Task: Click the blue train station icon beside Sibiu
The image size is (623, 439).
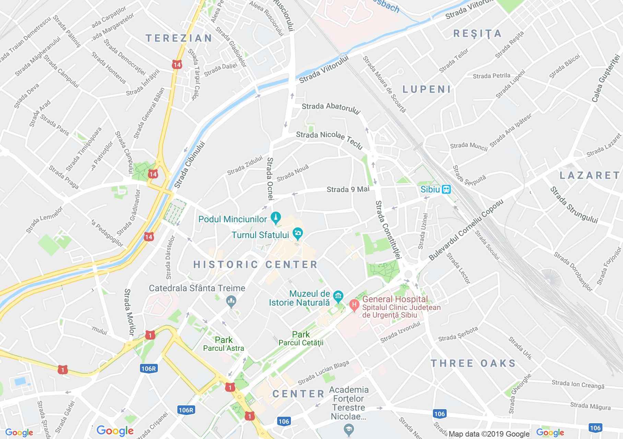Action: pyautogui.click(x=446, y=189)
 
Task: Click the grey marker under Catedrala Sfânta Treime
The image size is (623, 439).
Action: pyautogui.click(x=231, y=301)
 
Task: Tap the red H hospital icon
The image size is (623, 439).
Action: pyautogui.click(x=354, y=304)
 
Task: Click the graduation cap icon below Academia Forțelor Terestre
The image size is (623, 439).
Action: pyautogui.click(x=349, y=429)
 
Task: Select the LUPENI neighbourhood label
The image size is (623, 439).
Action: pyautogui.click(x=426, y=90)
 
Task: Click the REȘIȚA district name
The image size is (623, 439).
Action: pyautogui.click(x=477, y=34)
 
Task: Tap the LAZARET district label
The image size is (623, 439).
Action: pyautogui.click(x=590, y=176)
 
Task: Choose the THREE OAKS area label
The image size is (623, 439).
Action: pyautogui.click(x=473, y=363)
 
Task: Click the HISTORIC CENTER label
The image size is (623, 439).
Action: pyautogui.click(x=256, y=264)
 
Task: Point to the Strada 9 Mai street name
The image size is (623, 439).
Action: pyautogui.click(x=348, y=189)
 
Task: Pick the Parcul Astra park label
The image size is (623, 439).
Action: pyautogui.click(x=224, y=348)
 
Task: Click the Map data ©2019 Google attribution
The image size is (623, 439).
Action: pyautogui.click(x=489, y=434)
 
